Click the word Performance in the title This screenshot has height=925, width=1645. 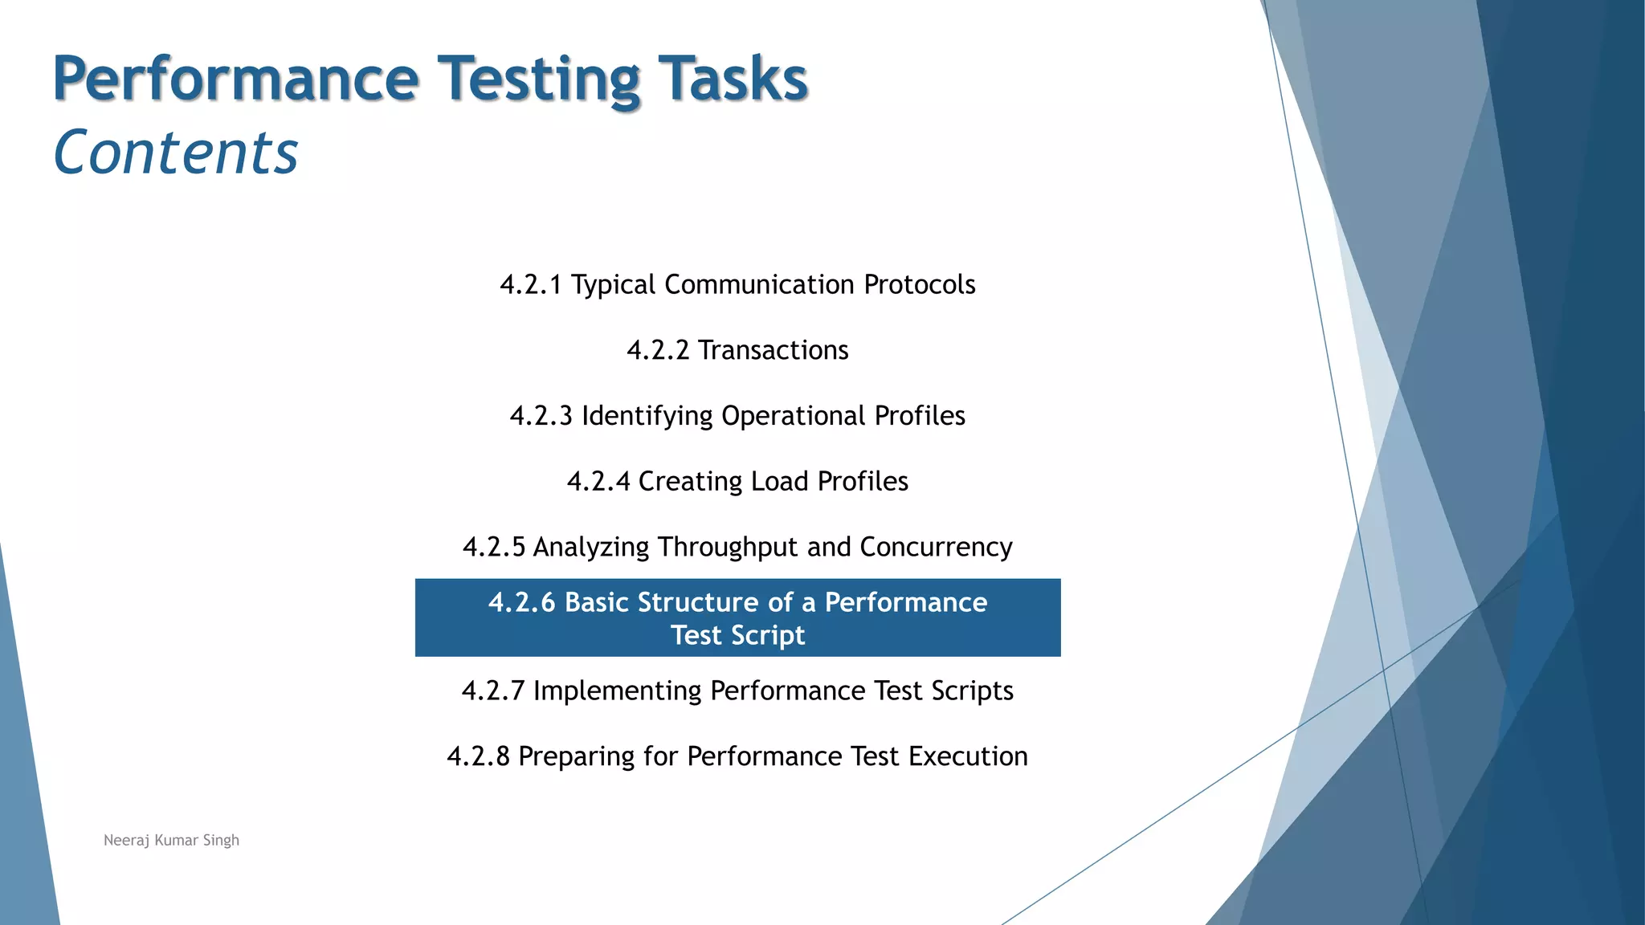point(235,79)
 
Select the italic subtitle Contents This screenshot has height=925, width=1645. point(176,153)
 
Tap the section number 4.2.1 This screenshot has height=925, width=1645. point(530,285)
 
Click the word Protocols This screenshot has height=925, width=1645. point(919,285)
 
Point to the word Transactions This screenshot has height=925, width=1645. point(773,351)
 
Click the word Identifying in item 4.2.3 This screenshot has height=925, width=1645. point(647,416)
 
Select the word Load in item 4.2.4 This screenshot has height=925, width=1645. point(779,482)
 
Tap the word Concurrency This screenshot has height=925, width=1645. point(936,548)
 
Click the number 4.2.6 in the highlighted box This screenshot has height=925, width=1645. point(521,602)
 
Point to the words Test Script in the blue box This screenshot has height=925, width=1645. point(737,635)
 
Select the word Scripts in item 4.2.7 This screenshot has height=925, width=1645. point(972,691)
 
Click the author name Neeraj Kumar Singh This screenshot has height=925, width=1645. point(171,841)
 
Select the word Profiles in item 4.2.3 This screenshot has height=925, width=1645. point(920,416)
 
